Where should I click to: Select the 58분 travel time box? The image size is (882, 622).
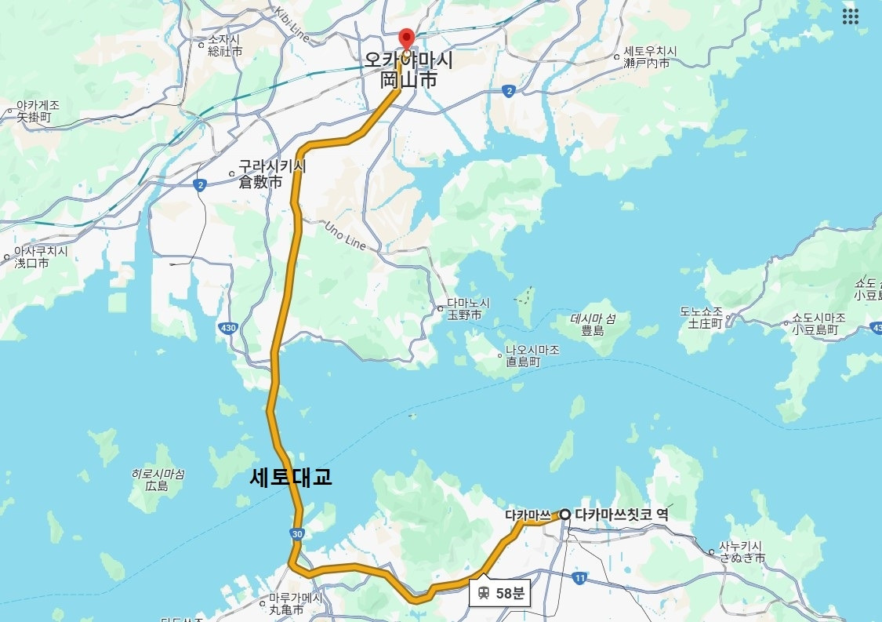(x=499, y=593)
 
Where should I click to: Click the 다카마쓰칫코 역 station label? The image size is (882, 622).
(x=621, y=515)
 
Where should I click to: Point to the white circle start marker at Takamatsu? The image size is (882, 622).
(x=564, y=515)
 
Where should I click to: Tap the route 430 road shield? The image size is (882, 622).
(x=227, y=329)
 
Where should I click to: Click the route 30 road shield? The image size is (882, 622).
(x=297, y=534)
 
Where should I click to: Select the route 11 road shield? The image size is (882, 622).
(x=579, y=578)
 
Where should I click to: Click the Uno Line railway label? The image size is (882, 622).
(x=346, y=236)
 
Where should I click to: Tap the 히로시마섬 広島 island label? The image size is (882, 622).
(x=158, y=480)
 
